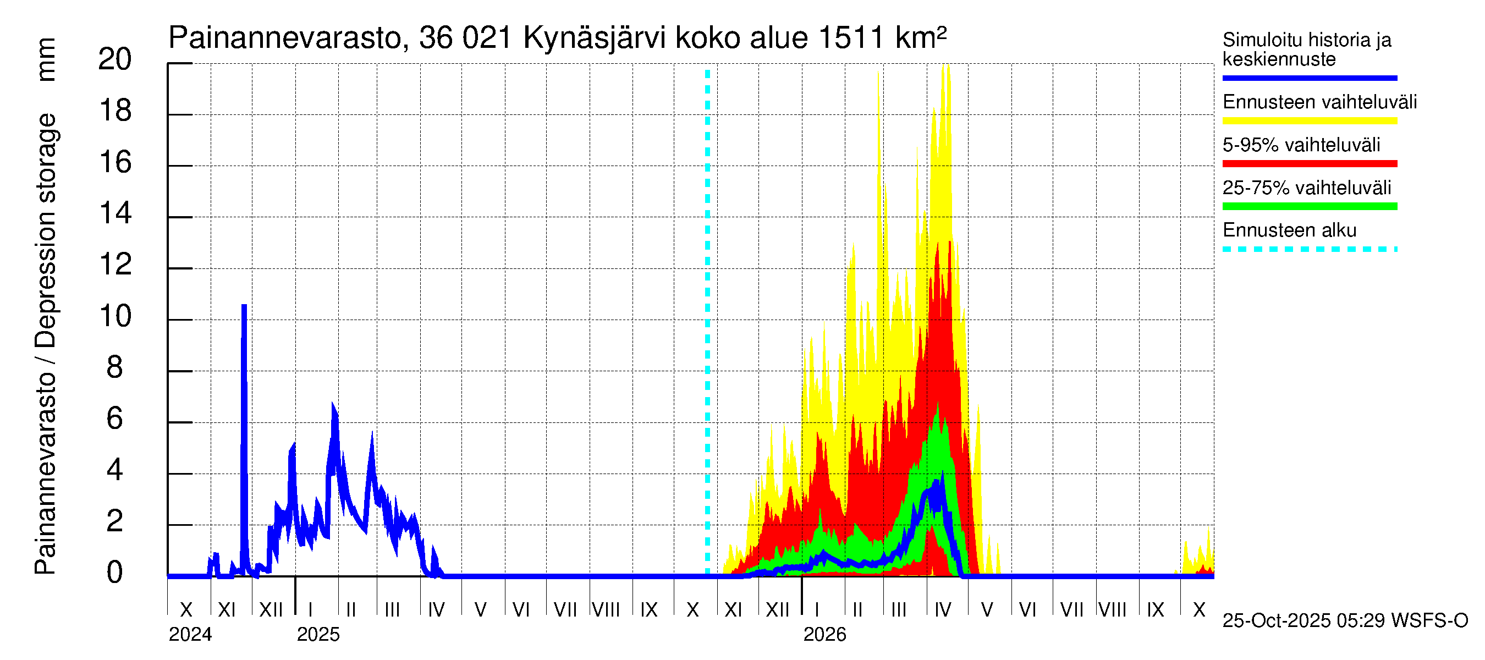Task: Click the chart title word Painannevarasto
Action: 285,38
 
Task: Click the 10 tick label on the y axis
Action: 115,316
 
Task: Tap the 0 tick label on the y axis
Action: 115,573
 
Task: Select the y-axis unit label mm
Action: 46,59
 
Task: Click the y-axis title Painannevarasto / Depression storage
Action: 46,344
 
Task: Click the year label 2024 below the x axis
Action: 190,635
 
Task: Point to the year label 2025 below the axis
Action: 318,635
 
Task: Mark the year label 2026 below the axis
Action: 824,635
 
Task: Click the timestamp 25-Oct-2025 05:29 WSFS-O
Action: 1345,621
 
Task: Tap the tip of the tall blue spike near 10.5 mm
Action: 244,305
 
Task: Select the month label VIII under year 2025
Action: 606,610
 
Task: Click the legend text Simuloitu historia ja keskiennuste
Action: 1306,50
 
